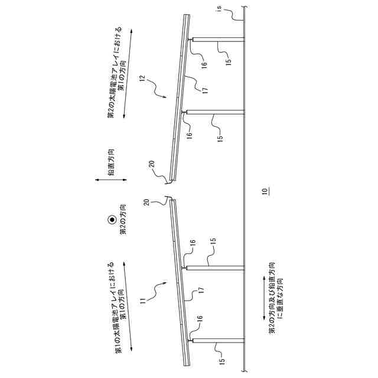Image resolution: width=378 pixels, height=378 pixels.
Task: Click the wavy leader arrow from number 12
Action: pyautogui.click(x=158, y=89)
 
